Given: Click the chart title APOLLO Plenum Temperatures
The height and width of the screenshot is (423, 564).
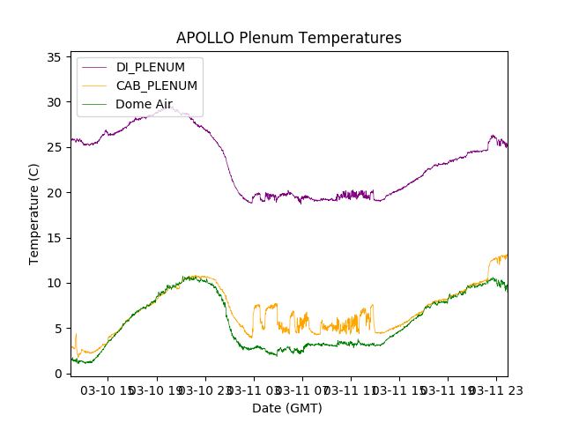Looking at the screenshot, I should [x=288, y=38].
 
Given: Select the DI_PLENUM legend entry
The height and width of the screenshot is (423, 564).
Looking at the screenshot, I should [x=151, y=67].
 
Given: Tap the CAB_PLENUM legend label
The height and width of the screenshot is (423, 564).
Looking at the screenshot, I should [x=156, y=85].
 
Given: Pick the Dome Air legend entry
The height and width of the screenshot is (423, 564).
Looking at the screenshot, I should [x=144, y=104].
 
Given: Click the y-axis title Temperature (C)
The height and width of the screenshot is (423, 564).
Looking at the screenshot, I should [x=34, y=213].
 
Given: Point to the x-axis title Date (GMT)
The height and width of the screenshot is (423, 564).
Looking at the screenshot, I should [x=287, y=408].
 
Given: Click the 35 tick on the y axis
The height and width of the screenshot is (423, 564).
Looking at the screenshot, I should [x=53, y=57].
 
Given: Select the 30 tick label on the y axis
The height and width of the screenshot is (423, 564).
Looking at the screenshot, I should [x=53, y=102].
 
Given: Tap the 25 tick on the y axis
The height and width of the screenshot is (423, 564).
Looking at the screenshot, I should [x=53, y=147].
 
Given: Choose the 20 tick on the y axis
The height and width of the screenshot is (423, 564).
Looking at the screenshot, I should [x=53, y=193].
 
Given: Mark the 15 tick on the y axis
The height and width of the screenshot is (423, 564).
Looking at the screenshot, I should [x=53, y=238].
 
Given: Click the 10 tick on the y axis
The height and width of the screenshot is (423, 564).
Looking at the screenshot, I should [x=53, y=283].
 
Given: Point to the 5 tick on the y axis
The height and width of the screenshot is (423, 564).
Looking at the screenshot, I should [x=56, y=329].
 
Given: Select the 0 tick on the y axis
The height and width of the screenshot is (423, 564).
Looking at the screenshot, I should [x=56, y=374].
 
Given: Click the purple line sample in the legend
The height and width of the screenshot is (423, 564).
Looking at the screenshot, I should [x=93, y=67].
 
